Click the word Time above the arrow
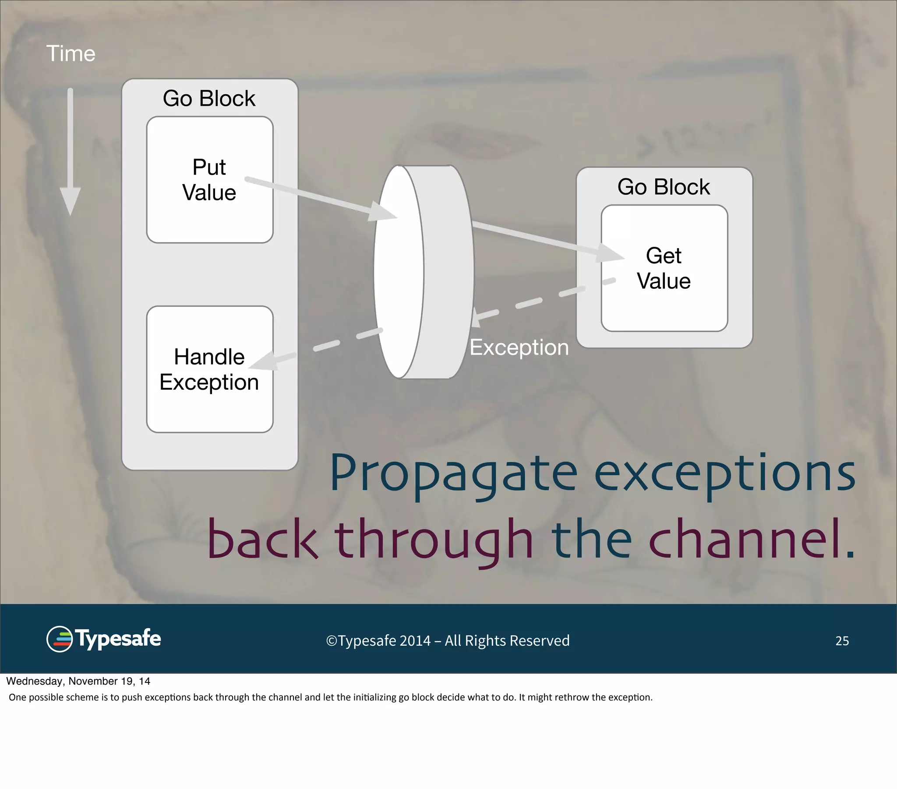pos(71,53)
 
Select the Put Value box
pos(209,180)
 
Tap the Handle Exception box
pos(209,369)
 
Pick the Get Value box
pos(664,268)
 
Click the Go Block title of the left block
pos(209,98)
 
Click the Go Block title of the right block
pos(663,187)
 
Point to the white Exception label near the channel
pos(519,348)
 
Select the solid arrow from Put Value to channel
pos(320,198)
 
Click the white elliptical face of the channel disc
pos(399,271)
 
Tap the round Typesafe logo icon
pos(60,639)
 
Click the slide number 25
pos(842,641)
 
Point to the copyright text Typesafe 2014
pos(448,641)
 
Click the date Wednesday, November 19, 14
pos(78,681)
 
